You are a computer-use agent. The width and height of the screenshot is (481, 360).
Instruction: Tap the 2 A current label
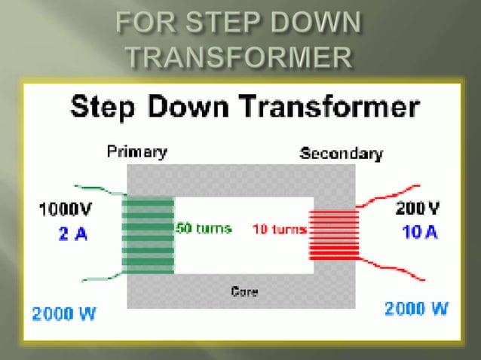pos(72,234)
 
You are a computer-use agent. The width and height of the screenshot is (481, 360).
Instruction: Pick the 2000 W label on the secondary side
pos(415,308)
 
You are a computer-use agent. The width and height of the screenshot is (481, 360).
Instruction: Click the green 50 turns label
pos(204,228)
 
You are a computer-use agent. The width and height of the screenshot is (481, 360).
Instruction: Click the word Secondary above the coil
pos(341,154)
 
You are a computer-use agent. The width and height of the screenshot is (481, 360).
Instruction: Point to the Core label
pos(245,291)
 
